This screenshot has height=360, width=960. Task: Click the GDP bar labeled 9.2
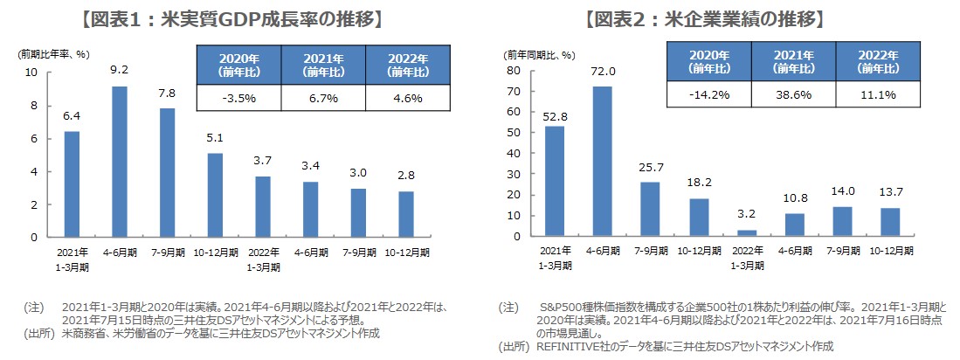pos(120,162)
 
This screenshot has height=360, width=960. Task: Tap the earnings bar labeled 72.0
pos(603,162)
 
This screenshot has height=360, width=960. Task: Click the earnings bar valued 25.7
pos(650,210)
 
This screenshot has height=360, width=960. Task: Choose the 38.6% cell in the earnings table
pos(793,94)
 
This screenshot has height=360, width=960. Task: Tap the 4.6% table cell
pos(407,98)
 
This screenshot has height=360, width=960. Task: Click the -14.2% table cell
pos(708,94)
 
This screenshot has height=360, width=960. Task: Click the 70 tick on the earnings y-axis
pos(515,91)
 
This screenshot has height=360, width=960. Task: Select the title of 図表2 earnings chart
pos(703,18)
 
